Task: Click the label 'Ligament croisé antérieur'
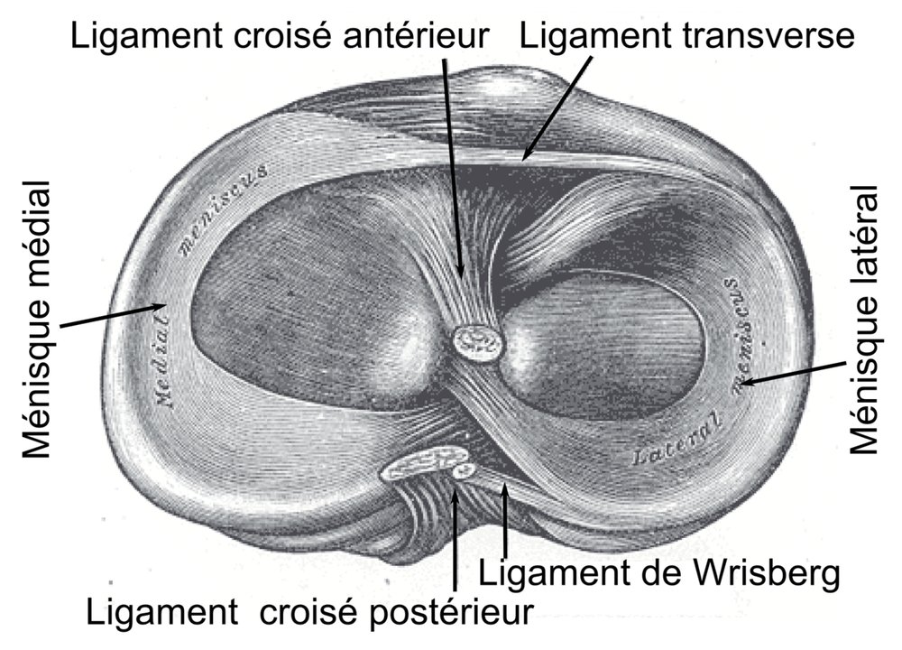[280, 36]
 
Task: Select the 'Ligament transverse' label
[687, 35]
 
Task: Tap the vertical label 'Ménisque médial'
[37, 320]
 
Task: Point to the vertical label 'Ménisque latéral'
[865, 320]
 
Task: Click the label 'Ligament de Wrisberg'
[659, 572]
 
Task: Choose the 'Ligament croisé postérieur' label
[309, 611]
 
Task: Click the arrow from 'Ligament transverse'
[557, 107]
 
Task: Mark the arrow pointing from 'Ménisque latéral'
[795, 373]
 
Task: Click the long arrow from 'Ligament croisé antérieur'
[453, 168]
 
